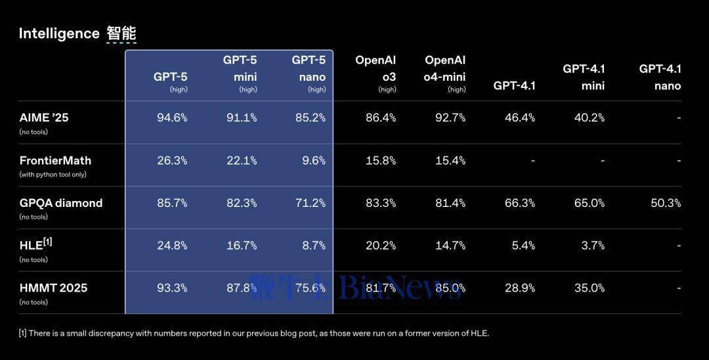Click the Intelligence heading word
click(58, 34)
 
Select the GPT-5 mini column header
click(240, 69)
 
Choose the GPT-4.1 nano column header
click(660, 77)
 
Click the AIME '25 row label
click(44, 118)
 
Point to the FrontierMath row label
click(55, 160)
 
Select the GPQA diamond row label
click(61, 203)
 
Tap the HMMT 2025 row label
click(53, 288)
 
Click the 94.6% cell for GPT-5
click(172, 118)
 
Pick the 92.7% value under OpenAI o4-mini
click(450, 118)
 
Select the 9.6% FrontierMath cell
click(313, 160)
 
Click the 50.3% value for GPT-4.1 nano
click(666, 203)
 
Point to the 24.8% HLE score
click(172, 245)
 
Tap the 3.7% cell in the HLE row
click(592, 245)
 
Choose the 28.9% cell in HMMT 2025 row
click(520, 288)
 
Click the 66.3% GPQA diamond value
click(520, 203)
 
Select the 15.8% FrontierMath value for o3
click(381, 160)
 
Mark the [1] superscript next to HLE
click(47, 242)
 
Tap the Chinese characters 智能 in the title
click(121, 34)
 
